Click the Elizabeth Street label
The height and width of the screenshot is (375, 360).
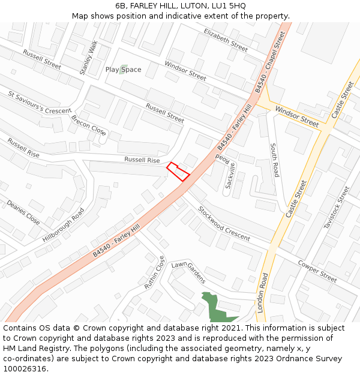[x=226, y=40]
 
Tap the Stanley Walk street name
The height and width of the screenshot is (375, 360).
[x=88, y=58]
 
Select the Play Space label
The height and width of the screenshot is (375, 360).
[x=124, y=70]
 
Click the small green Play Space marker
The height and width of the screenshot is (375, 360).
[x=124, y=69]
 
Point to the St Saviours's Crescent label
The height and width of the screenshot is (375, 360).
[x=40, y=103]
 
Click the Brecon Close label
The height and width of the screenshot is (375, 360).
[x=89, y=125]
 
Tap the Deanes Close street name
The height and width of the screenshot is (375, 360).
[x=23, y=212]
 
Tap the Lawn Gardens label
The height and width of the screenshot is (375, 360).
[x=188, y=272]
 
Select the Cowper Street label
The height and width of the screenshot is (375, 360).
[x=317, y=271]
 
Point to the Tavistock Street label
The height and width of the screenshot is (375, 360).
[x=336, y=208]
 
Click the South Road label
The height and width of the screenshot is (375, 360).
[x=274, y=160]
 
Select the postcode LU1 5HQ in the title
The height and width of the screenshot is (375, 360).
[x=227, y=6]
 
